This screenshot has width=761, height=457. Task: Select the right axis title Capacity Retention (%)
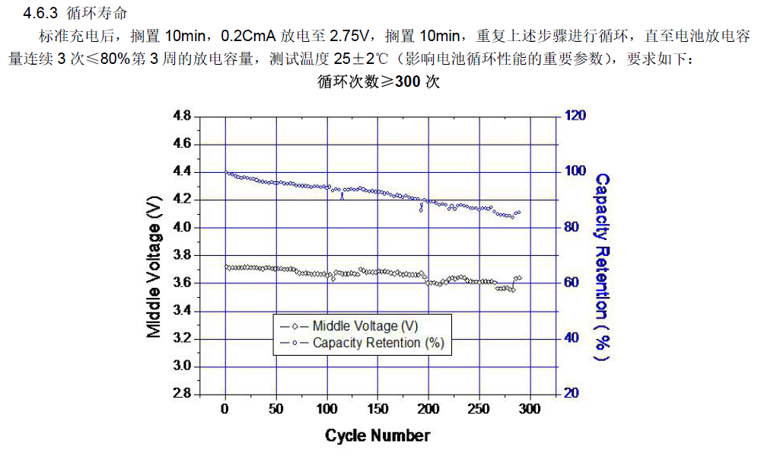(x=602, y=267)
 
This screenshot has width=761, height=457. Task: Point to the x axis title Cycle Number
(x=377, y=436)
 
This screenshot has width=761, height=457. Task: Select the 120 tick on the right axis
(x=575, y=116)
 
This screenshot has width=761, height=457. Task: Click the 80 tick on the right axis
(x=572, y=228)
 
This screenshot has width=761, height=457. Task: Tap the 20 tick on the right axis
(x=572, y=394)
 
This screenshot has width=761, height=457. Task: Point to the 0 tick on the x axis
(x=225, y=409)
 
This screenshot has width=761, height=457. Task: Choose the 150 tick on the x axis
(x=377, y=409)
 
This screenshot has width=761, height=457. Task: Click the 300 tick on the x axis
(x=530, y=409)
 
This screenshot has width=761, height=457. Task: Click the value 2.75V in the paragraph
(x=350, y=36)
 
